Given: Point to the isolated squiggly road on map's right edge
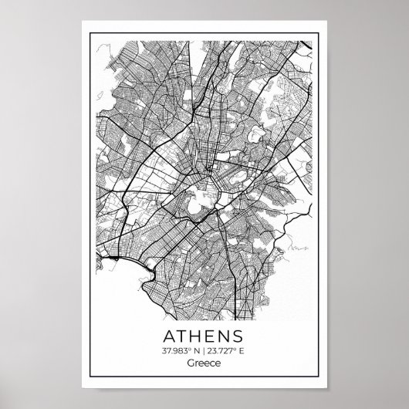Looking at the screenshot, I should coord(299,249).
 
